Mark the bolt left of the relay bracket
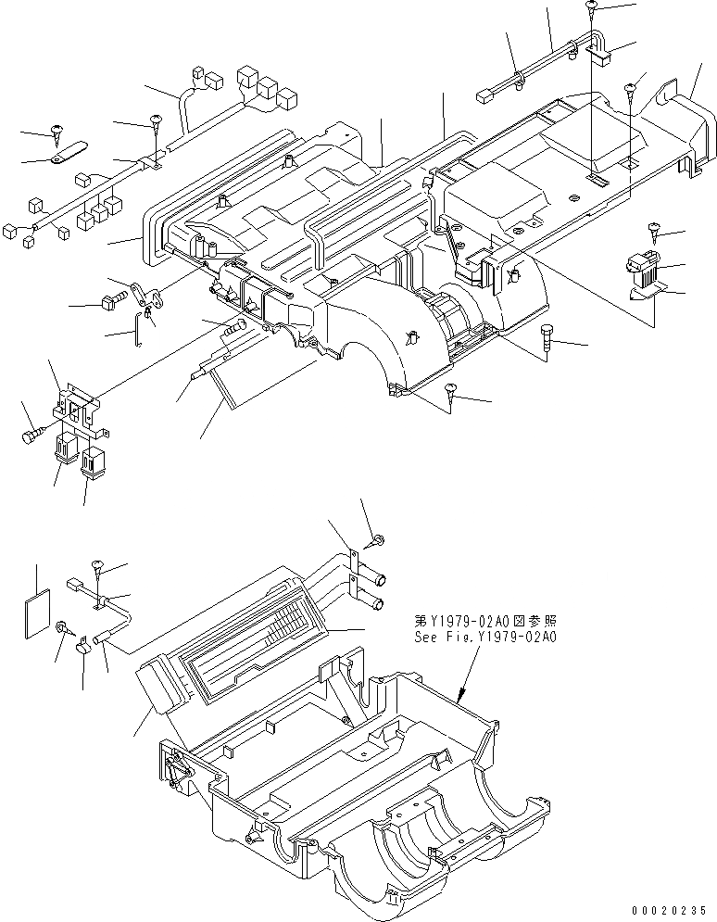[31, 432]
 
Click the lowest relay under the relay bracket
[94, 461]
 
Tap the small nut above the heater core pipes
[381, 538]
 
